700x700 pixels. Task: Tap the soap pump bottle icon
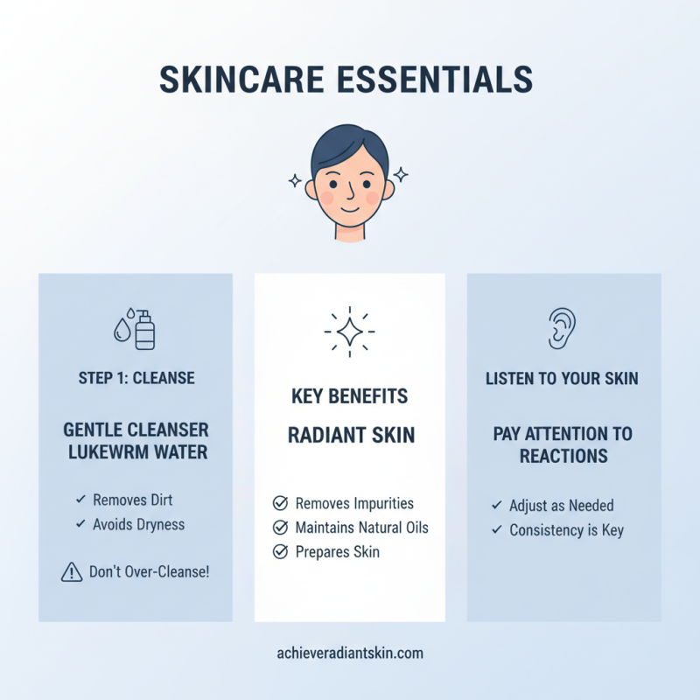coord(145,330)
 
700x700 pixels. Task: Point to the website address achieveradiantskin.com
coord(349,654)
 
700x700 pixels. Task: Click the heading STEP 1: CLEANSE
coord(136,379)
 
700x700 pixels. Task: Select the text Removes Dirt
coord(133,500)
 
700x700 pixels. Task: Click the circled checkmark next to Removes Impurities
coord(280,503)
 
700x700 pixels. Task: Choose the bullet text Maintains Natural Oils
coord(362,528)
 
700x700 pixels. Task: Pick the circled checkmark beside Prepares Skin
coord(280,552)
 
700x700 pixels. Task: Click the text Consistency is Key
coord(567,530)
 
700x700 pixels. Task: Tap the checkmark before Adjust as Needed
coord(497,506)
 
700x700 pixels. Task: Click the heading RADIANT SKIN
coord(349,436)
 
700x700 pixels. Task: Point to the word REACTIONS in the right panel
coord(563,456)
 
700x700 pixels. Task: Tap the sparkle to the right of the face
coord(402,173)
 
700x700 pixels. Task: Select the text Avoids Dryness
coord(139,524)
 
